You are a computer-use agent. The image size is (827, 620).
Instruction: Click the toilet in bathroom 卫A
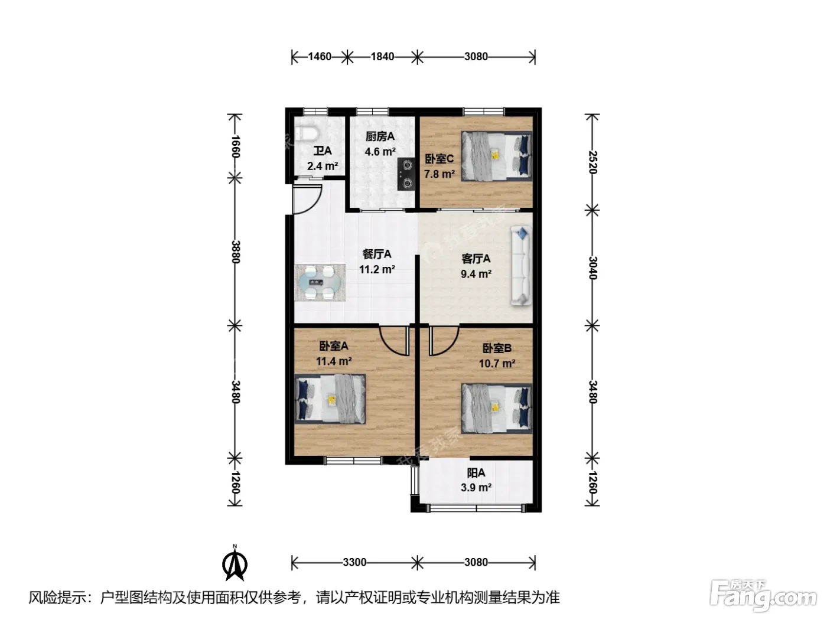click(x=307, y=133)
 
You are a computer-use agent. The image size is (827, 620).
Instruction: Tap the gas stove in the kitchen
click(x=406, y=174)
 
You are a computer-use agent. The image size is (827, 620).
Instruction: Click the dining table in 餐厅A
click(x=320, y=283)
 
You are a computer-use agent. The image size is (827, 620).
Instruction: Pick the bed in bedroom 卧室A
click(x=330, y=399)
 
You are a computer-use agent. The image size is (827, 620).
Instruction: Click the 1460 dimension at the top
click(x=320, y=57)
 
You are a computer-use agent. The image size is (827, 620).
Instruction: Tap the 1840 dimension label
click(x=382, y=57)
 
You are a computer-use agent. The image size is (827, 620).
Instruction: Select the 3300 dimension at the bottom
click(x=354, y=562)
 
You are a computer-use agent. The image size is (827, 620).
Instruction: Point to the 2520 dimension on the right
click(x=592, y=162)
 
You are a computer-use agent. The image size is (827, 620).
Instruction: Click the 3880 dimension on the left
click(x=235, y=252)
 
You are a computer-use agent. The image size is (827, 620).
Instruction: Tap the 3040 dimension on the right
click(x=592, y=267)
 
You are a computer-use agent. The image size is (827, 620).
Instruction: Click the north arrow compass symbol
click(x=235, y=563)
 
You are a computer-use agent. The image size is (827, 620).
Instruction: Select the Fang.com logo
click(x=763, y=597)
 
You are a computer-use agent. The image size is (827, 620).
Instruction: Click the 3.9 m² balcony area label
click(x=476, y=488)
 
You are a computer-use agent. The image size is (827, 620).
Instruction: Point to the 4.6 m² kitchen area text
click(x=380, y=152)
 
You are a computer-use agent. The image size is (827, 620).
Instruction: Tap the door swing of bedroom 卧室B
click(x=444, y=341)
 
